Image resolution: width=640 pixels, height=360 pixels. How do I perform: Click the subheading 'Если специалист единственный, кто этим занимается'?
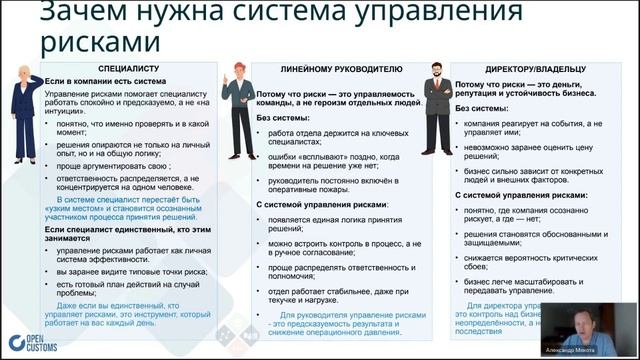point(124,234)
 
